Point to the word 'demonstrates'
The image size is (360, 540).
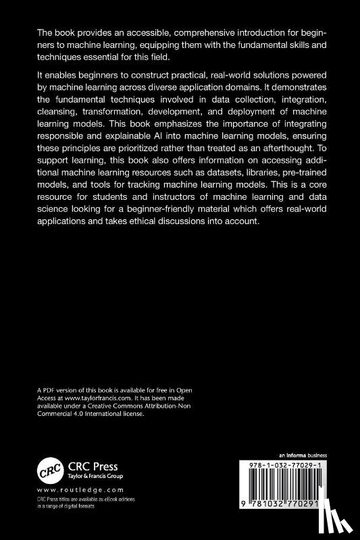tap(294, 89)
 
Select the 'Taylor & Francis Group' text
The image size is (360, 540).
tap(91, 475)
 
